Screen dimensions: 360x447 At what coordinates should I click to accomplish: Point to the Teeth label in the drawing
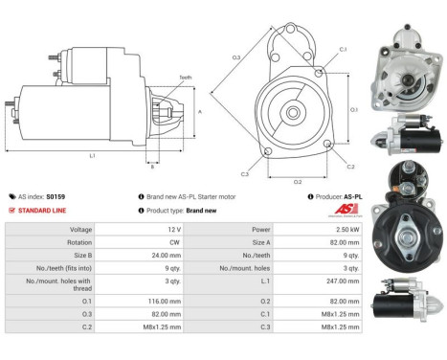point(185,77)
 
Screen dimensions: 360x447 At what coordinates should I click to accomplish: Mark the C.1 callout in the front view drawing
point(343,49)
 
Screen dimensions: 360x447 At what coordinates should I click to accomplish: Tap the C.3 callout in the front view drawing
point(246,174)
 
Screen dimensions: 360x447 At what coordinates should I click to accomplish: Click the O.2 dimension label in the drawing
point(297,180)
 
